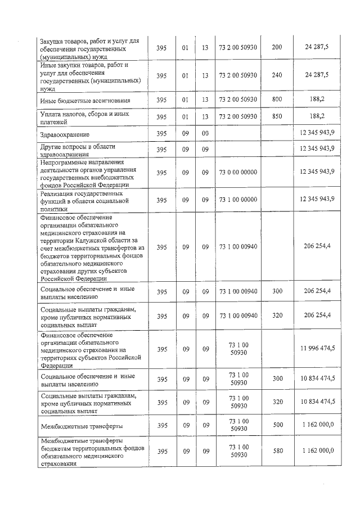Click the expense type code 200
pos(277,47)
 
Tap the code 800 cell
pos(277,100)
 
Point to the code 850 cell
pos(277,117)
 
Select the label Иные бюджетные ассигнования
pos(86,101)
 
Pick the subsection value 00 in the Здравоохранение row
pos(205,133)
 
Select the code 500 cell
pos(277,425)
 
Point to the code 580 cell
pos(277,451)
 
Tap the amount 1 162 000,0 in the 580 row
pos(318,451)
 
